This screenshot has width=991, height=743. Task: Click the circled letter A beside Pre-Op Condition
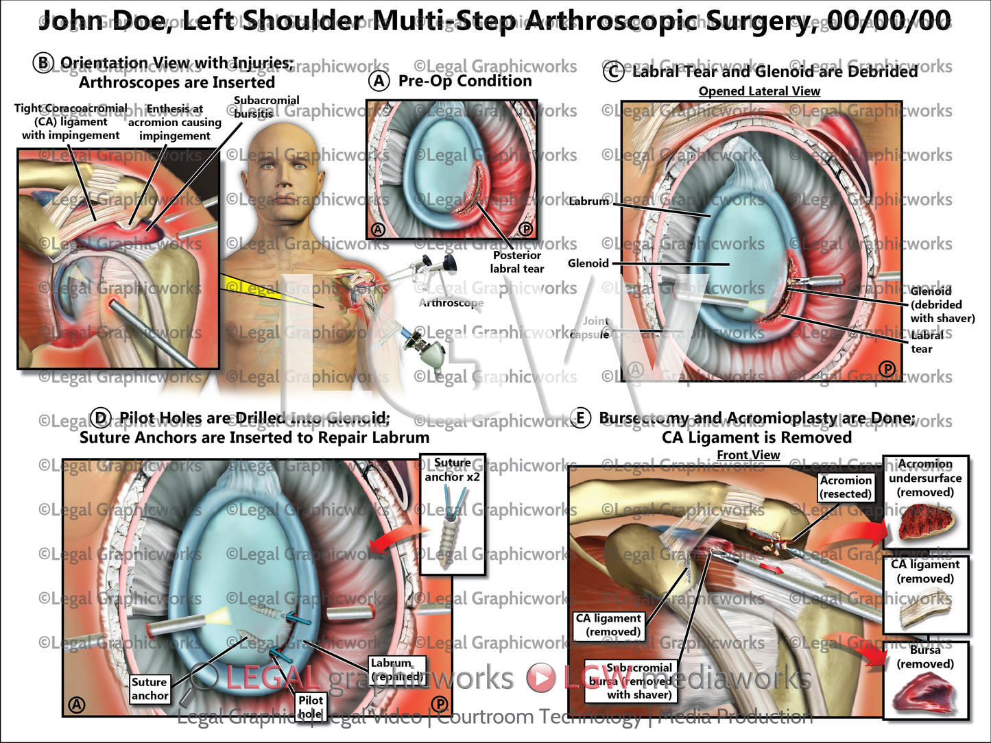(379, 81)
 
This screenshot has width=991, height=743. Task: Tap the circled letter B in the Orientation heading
(43, 63)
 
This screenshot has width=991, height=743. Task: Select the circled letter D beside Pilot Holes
(101, 418)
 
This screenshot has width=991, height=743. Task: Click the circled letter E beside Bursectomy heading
(580, 418)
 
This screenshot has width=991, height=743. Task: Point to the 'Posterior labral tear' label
(516, 262)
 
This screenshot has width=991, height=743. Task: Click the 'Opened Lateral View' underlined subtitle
(759, 91)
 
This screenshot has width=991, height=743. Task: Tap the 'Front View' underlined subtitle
(748, 455)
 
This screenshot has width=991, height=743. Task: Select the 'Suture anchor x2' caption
(452, 470)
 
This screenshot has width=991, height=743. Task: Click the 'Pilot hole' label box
(311, 706)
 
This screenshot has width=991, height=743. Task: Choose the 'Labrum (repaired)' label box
(397, 670)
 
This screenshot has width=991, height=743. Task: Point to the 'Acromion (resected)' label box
(846, 487)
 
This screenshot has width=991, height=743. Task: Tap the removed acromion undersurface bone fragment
(924, 522)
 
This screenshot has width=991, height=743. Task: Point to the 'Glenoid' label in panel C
(588, 263)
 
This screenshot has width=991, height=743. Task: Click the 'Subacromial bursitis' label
(266, 107)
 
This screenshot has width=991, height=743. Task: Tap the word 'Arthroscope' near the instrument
(451, 303)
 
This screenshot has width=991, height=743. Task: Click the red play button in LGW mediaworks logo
(540, 677)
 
